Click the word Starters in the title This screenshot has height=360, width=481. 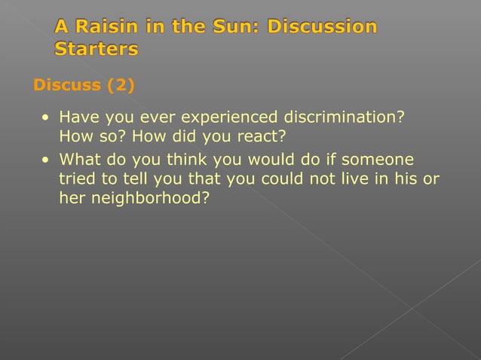pyautogui.click(x=96, y=50)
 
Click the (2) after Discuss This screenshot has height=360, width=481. pyautogui.click(x=121, y=84)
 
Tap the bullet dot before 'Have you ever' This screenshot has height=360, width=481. pyautogui.click(x=47, y=119)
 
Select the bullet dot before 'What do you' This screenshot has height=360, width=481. pyautogui.click(x=47, y=160)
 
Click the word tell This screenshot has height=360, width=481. pyautogui.click(x=133, y=180)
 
